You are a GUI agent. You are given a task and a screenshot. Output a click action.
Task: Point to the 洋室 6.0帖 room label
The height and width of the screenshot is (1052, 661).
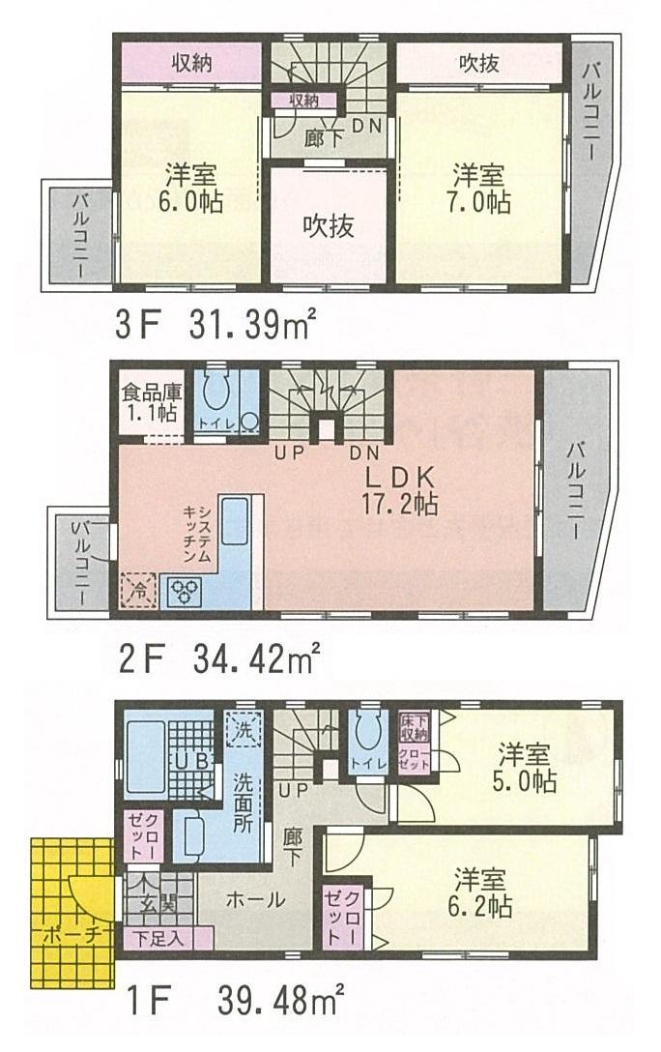(189, 189)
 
